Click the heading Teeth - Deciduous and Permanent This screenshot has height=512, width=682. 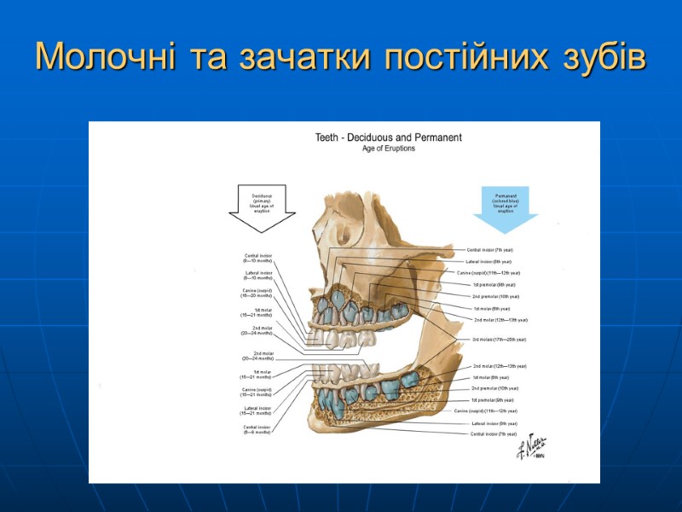point(389,137)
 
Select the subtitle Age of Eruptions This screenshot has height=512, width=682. point(389,148)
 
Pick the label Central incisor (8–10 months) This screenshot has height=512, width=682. point(258,257)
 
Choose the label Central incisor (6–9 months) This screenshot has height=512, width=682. point(257,429)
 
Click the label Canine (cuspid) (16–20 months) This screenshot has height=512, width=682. point(257,293)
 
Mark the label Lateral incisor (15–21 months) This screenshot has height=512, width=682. point(257,410)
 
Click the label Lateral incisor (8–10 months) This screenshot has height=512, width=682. point(258,275)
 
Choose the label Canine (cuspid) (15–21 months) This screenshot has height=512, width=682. point(257,392)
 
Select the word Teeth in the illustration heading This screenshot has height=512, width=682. point(327,137)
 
